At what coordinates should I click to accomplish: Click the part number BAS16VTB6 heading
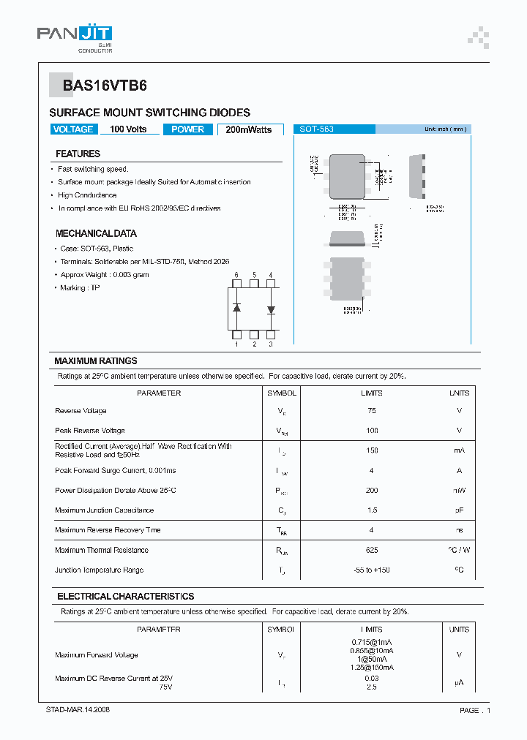click(x=105, y=86)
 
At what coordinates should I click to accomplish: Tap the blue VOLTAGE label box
click(x=73, y=129)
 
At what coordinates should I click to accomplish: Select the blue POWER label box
click(x=188, y=129)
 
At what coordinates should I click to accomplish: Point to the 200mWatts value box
click(x=249, y=129)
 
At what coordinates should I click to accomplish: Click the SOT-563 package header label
click(x=317, y=129)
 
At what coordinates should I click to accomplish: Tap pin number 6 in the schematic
click(x=236, y=276)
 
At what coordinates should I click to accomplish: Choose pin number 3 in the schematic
click(x=271, y=344)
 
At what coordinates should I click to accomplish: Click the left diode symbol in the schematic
click(x=236, y=308)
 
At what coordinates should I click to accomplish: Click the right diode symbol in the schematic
click(x=271, y=309)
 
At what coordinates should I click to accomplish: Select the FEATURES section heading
click(x=78, y=154)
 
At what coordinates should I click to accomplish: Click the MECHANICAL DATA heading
click(x=96, y=233)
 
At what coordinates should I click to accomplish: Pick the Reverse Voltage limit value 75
click(x=372, y=411)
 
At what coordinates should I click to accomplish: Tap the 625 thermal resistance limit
click(x=372, y=550)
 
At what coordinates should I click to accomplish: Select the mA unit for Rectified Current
click(x=459, y=450)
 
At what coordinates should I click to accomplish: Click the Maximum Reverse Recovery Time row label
click(x=108, y=530)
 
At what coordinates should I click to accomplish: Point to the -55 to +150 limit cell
click(x=372, y=570)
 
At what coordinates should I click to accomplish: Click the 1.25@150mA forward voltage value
click(x=372, y=668)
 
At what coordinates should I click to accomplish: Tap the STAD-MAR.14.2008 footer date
click(x=78, y=710)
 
